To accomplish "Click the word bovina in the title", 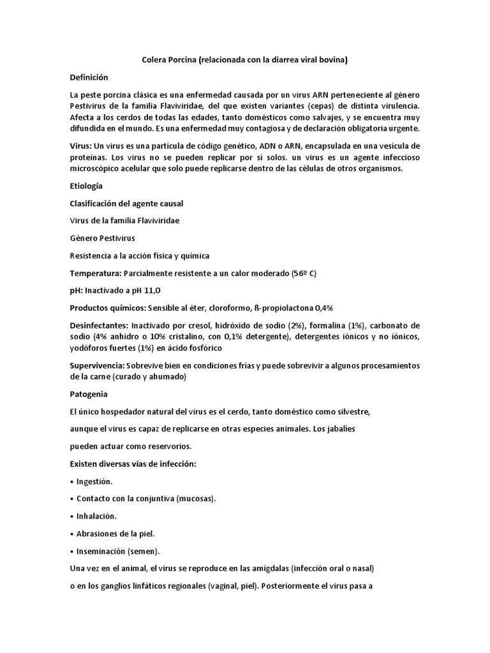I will (x=332, y=61).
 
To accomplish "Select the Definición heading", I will (x=89, y=77).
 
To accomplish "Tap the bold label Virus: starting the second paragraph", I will (x=81, y=145).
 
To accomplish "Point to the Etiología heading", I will (x=86, y=186).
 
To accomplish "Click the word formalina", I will (x=346, y=326).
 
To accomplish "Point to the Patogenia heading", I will (x=88, y=394).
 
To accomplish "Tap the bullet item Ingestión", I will (x=94, y=481).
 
